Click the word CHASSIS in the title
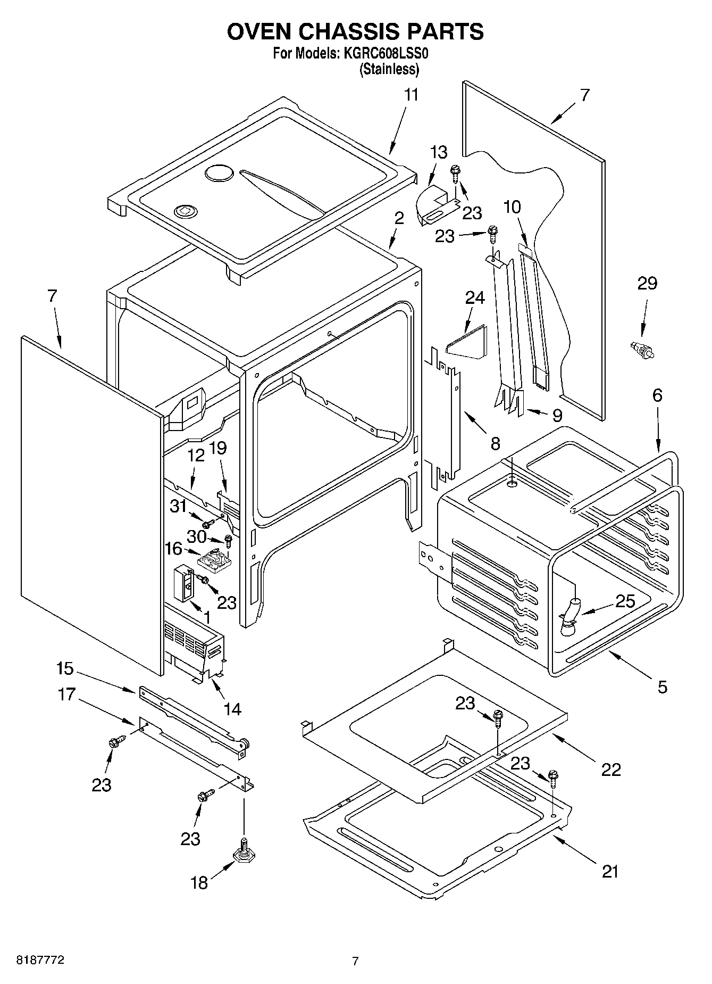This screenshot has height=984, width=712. coord(347,31)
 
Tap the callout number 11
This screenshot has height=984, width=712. coord(411,95)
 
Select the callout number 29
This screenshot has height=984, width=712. coord(647,284)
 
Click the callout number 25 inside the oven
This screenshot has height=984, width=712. coord(625,601)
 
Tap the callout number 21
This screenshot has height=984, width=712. coord(610,872)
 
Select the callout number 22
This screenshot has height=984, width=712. coord(610,770)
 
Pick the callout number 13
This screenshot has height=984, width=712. coord(438,152)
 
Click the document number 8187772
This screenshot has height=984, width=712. coord(41,961)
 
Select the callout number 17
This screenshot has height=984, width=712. coord(67,694)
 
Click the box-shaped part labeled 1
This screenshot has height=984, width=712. coord(183,583)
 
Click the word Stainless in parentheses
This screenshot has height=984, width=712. coord(389,69)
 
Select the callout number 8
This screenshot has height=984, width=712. coord(495,443)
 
